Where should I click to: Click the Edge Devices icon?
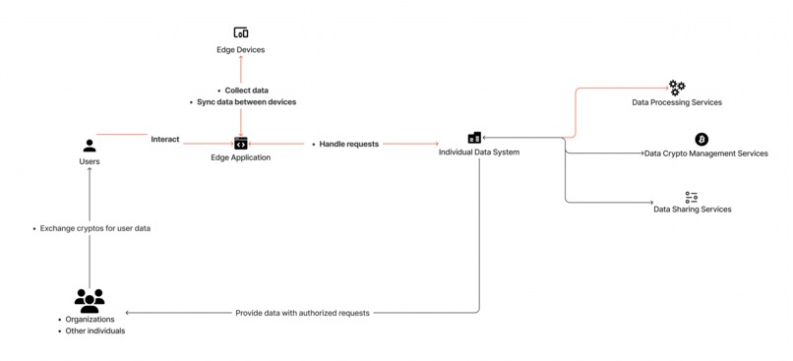pyautogui.click(x=241, y=33)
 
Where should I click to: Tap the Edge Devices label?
pyautogui.click(x=241, y=50)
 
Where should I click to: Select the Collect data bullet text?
pyautogui.click(x=246, y=90)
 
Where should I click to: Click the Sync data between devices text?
pyautogui.click(x=246, y=102)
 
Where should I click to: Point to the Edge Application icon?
pyautogui.click(x=241, y=144)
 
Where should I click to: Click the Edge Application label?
pyautogui.click(x=241, y=158)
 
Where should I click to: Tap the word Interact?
pyautogui.click(x=165, y=140)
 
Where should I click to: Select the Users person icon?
pyautogui.click(x=90, y=146)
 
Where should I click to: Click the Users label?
pyautogui.click(x=90, y=161)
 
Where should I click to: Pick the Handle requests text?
pyautogui.click(x=348, y=145)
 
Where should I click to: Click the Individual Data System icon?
pyautogui.click(x=474, y=138)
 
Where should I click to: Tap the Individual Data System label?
pyautogui.click(x=479, y=152)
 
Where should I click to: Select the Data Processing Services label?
pyautogui.click(x=677, y=102)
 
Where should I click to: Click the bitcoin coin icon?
pyautogui.click(x=701, y=140)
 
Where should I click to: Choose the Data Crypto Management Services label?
pyautogui.click(x=705, y=153)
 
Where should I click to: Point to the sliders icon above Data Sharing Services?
pyautogui.click(x=692, y=198)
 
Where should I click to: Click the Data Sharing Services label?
pyautogui.click(x=693, y=210)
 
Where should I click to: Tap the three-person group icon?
pyautogui.click(x=90, y=300)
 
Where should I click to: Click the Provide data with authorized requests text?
pyautogui.click(x=302, y=313)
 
